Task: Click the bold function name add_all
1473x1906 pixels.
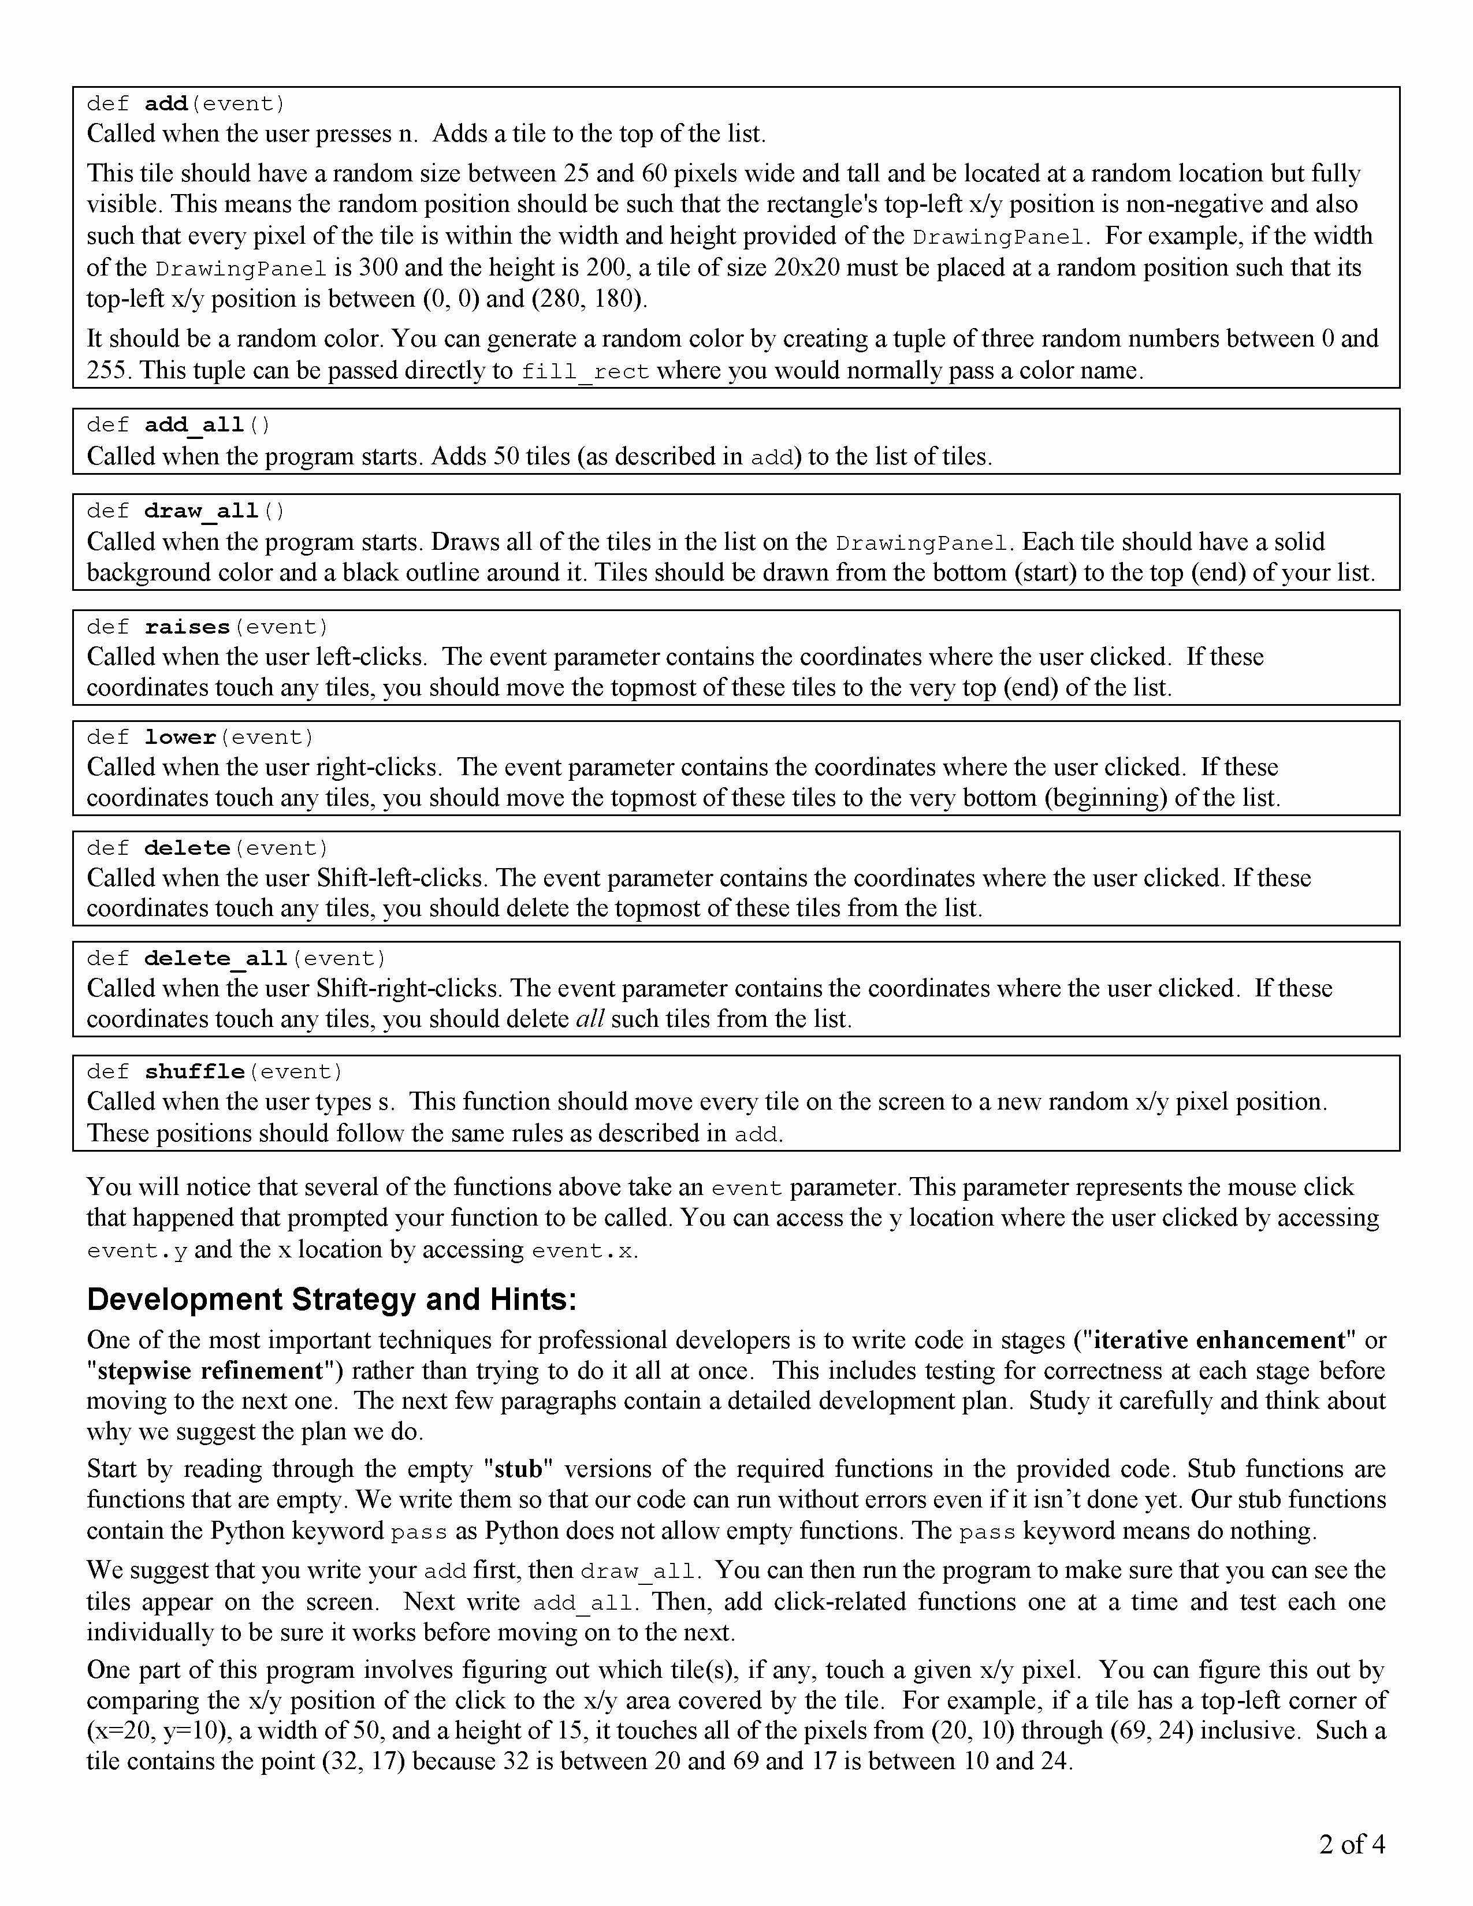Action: pyautogui.click(x=194, y=425)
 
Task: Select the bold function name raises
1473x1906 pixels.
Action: pyautogui.click(x=187, y=627)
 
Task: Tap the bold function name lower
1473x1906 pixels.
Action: pyautogui.click(x=180, y=738)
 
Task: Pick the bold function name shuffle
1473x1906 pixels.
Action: pyautogui.click(x=194, y=1071)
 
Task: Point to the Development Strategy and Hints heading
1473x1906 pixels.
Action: pyautogui.click(x=332, y=1300)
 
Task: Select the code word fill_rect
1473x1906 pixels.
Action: pyautogui.click(x=585, y=372)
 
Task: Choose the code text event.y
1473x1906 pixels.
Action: pyautogui.click(x=137, y=1252)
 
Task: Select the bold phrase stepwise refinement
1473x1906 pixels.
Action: pyautogui.click(x=210, y=1371)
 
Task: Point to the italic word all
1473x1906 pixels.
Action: pyautogui.click(x=590, y=1019)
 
